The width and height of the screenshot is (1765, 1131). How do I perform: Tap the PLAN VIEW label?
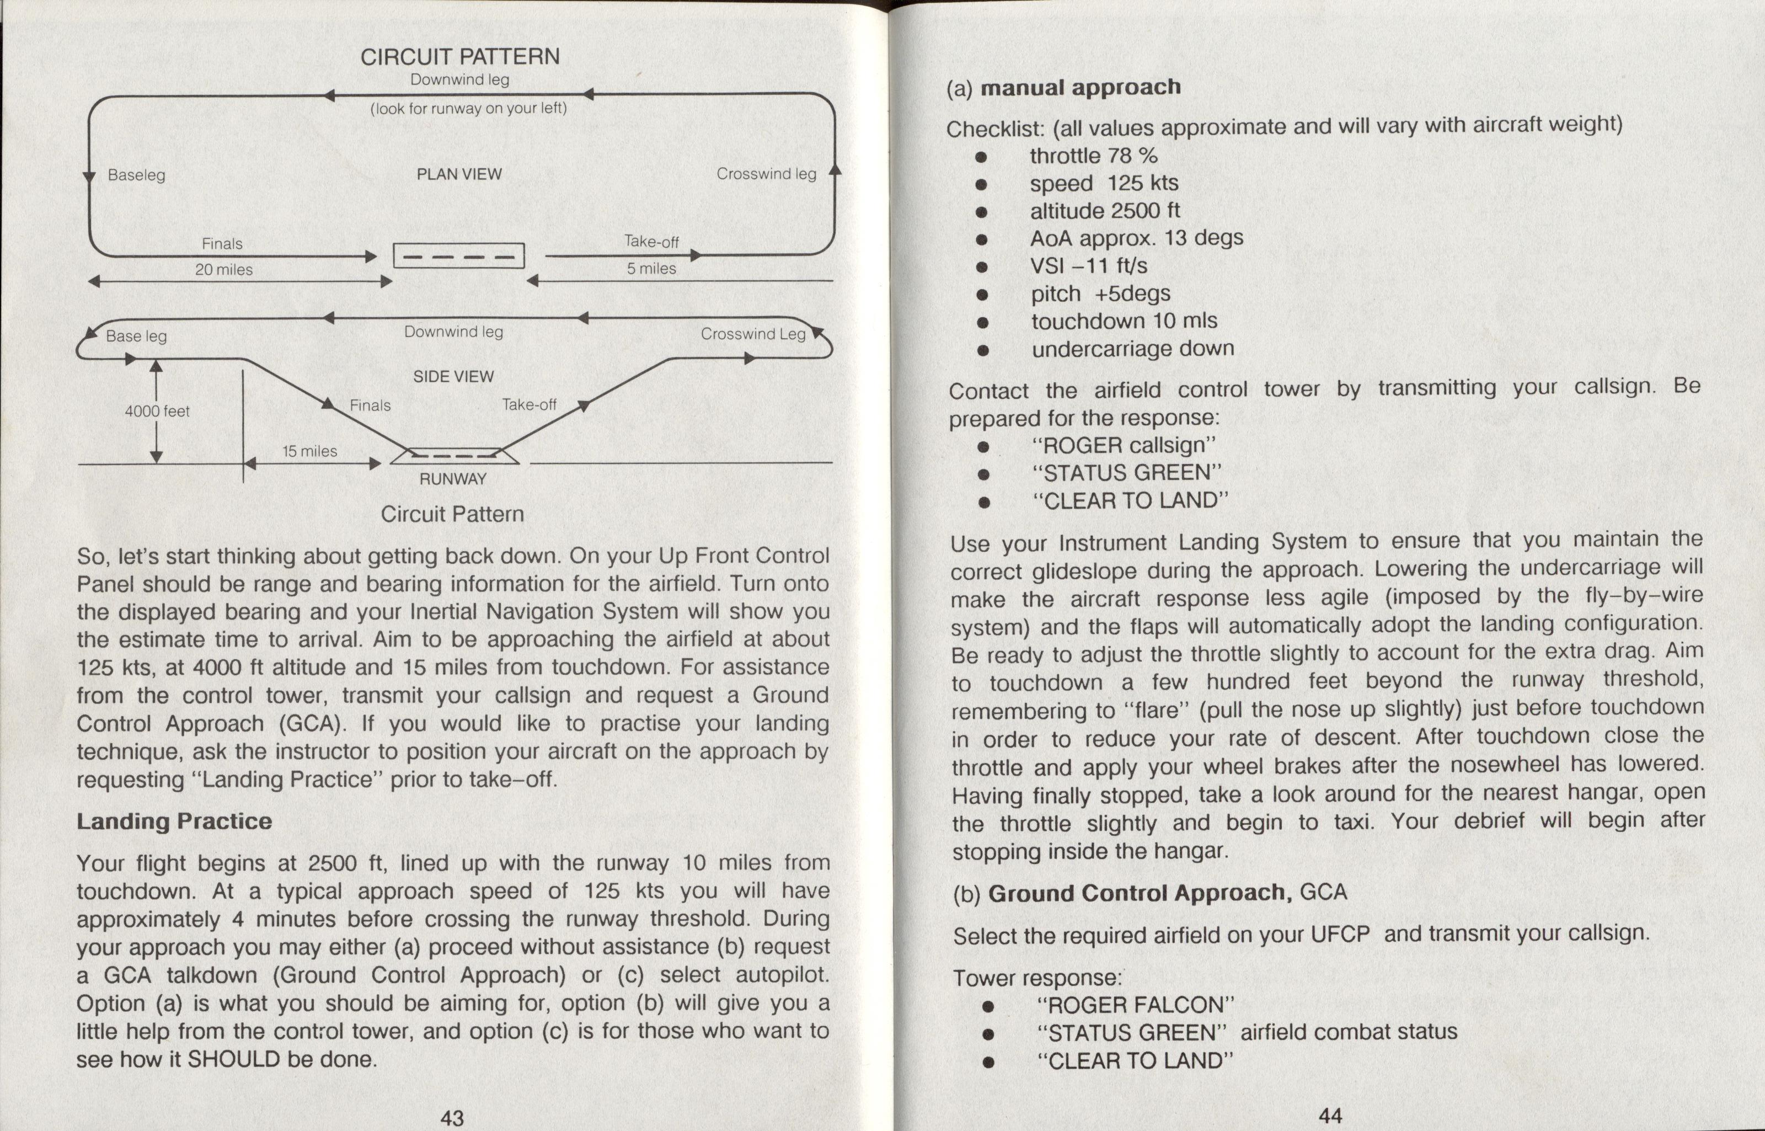(x=459, y=174)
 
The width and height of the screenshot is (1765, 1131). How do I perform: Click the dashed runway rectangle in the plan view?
(x=459, y=255)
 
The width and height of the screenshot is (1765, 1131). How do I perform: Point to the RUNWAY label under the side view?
(x=453, y=479)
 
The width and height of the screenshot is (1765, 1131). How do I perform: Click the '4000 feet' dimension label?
(x=157, y=411)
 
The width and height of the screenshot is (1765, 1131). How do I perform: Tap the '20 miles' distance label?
(x=224, y=270)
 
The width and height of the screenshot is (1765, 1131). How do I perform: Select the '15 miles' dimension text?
(x=310, y=451)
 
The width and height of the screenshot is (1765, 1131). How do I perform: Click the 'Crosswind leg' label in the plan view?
(x=767, y=174)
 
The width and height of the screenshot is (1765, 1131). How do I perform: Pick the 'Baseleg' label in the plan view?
(x=137, y=175)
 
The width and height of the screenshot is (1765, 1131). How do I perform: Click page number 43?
(x=452, y=1117)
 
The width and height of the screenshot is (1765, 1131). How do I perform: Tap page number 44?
(x=1330, y=1116)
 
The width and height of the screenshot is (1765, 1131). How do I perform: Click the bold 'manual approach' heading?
(x=1081, y=87)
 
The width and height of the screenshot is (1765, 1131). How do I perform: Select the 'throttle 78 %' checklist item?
(x=1093, y=156)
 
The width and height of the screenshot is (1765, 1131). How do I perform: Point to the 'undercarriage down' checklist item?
(x=1133, y=348)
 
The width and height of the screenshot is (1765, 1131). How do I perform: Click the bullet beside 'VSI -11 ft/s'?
(x=982, y=268)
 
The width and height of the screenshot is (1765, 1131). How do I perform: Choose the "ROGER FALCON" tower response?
(x=1136, y=1005)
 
